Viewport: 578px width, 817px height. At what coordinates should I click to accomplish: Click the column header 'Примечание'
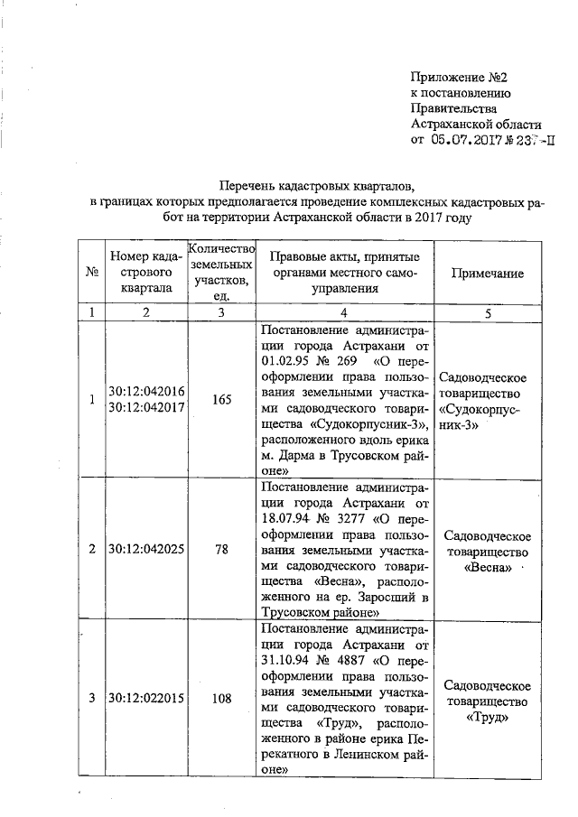pos(488,274)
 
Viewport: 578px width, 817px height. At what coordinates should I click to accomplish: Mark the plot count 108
pos(222,698)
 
